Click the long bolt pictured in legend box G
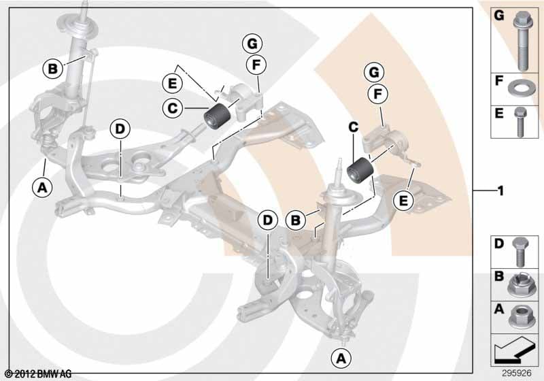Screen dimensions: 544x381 522,41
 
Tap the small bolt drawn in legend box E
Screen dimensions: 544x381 520,121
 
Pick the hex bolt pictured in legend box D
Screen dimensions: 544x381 520,252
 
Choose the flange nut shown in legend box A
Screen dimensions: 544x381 520,316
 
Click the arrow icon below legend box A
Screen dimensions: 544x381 513,349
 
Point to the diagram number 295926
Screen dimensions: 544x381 517,373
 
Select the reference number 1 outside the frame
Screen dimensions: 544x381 500,191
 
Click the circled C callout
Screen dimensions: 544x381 173,109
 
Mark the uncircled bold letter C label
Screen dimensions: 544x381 353,127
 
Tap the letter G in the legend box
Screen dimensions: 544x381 499,16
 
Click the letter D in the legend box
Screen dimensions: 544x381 499,244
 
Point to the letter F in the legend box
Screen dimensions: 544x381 499,81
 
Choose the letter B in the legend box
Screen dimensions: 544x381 499,276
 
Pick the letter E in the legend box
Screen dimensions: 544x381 499,113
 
